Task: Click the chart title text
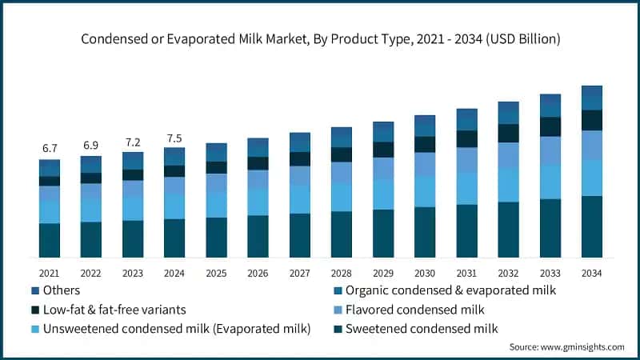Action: tap(320, 38)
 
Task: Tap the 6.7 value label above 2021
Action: tap(50, 149)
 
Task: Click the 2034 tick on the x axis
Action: tap(591, 273)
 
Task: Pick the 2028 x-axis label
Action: tap(341, 273)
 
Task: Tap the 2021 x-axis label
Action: tap(50, 273)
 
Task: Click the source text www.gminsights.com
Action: tap(566, 347)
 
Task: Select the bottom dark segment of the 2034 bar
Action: tap(591, 227)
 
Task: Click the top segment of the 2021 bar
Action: tap(50, 167)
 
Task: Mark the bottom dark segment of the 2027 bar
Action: tap(299, 235)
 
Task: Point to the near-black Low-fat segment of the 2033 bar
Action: tap(550, 126)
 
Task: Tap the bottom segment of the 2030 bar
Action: tap(425, 232)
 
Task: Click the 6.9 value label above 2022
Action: tap(91, 146)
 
